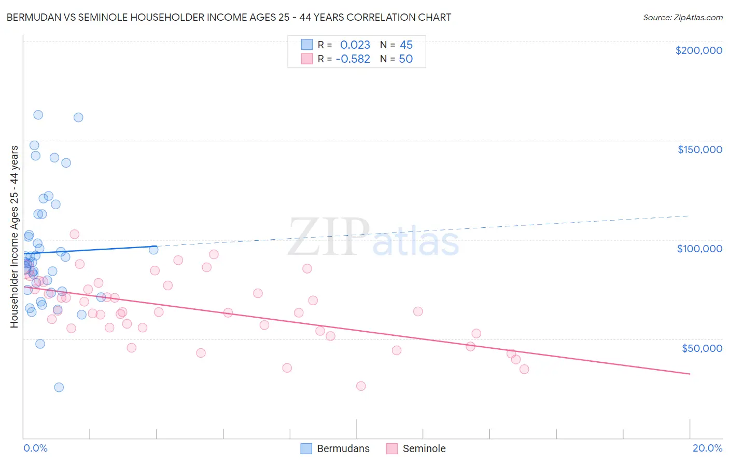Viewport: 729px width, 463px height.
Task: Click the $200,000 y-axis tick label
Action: click(x=698, y=50)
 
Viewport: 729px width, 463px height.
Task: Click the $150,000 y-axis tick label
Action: click(x=699, y=149)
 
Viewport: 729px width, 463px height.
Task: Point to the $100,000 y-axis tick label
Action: click(x=699, y=249)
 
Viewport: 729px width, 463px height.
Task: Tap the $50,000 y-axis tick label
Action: click(x=702, y=348)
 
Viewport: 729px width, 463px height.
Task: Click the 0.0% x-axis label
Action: click(x=35, y=448)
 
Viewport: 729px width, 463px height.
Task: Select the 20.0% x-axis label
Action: click(x=707, y=448)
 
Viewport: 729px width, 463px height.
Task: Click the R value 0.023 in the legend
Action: click(x=355, y=45)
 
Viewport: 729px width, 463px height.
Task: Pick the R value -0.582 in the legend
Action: click(x=353, y=59)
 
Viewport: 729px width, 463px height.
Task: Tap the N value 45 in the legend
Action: click(x=406, y=45)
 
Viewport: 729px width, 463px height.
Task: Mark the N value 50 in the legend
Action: click(x=405, y=59)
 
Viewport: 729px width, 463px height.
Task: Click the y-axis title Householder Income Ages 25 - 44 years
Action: click(x=15, y=236)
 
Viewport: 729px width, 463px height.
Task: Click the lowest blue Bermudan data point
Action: click(x=59, y=387)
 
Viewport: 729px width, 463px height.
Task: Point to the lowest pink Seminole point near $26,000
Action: click(x=361, y=386)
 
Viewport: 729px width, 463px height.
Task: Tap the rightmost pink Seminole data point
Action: click(x=524, y=369)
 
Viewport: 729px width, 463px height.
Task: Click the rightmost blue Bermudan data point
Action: click(x=153, y=250)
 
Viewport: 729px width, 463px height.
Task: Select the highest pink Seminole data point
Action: click(x=74, y=234)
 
